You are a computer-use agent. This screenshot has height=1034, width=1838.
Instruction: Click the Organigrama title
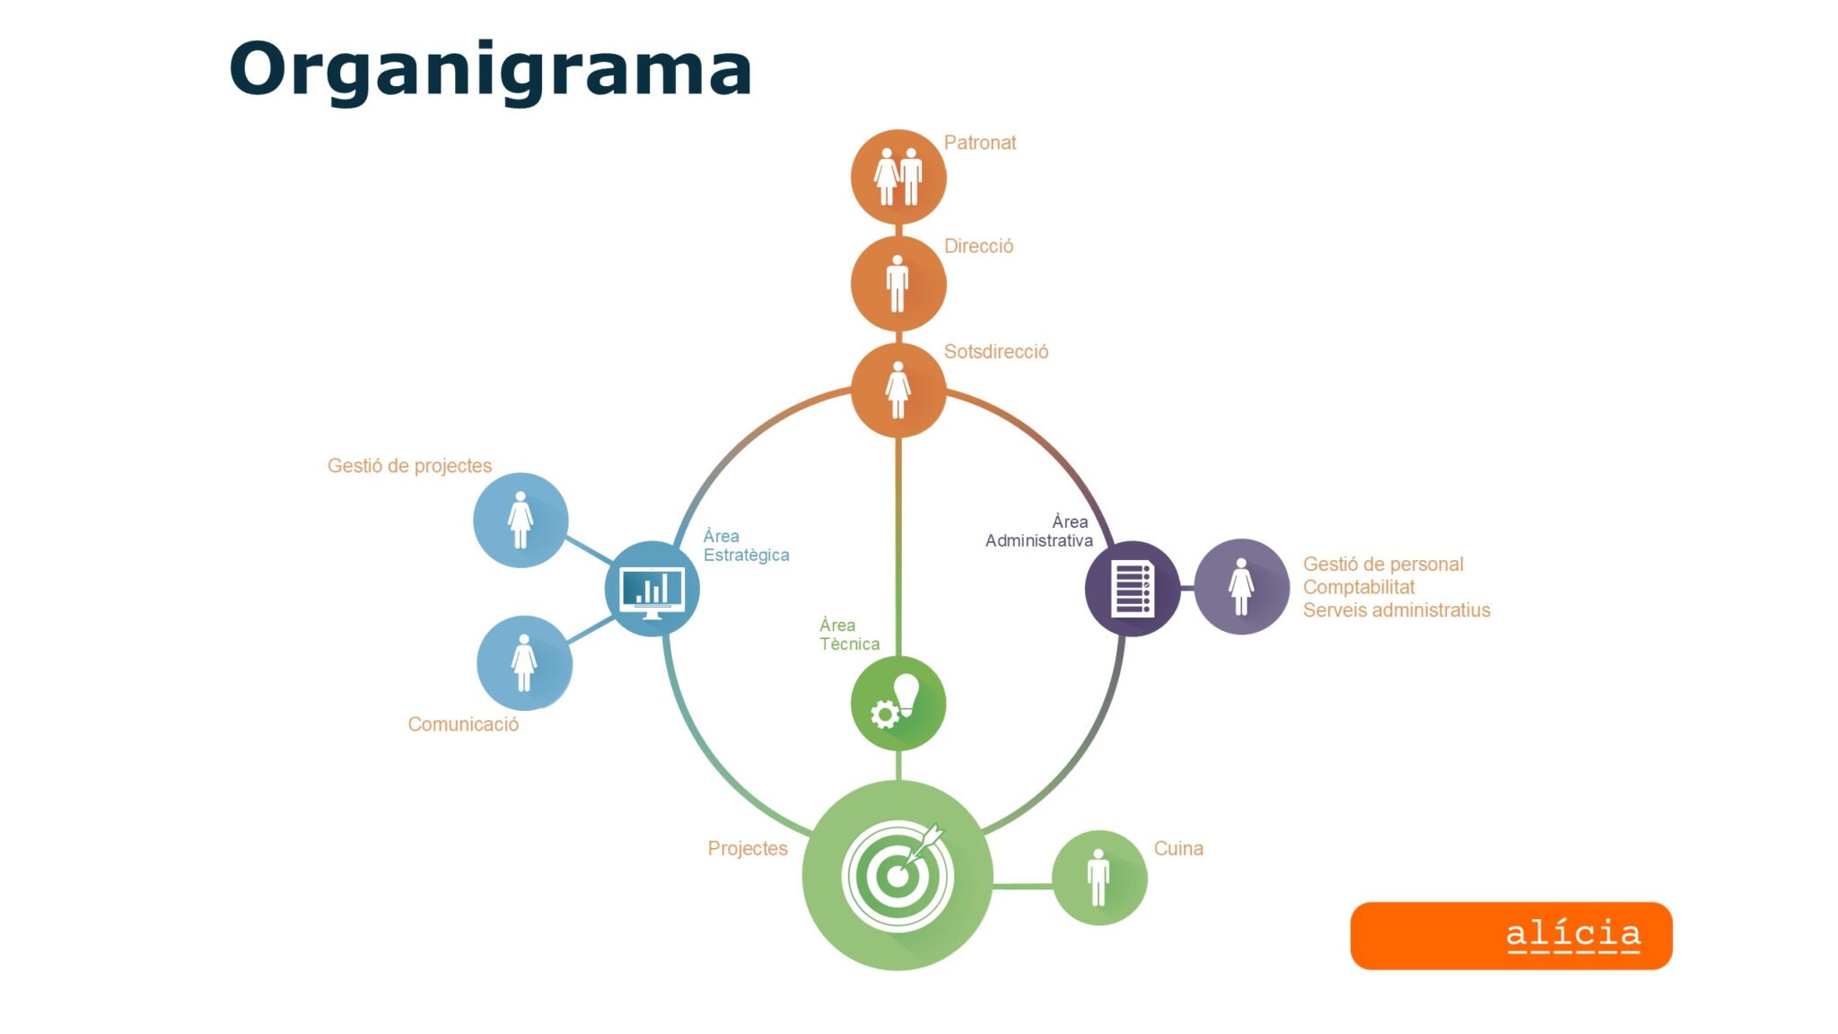[490, 71]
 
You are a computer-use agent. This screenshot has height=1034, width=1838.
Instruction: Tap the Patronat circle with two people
[898, 177]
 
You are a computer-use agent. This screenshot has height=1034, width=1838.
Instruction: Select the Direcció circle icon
[898, 284]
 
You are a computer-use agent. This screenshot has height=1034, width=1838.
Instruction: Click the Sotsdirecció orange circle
[898, 390]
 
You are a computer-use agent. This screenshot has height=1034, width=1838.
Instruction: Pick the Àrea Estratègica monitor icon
[652, 589]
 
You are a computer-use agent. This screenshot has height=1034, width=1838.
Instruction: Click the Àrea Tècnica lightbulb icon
[898, 703]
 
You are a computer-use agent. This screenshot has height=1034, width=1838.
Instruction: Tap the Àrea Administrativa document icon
[1133, 589]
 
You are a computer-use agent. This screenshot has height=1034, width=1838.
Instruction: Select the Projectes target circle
[897, 875]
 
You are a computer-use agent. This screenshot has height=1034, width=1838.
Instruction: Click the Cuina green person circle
[1099, 878]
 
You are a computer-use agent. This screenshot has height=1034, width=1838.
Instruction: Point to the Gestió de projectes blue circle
[521, 521]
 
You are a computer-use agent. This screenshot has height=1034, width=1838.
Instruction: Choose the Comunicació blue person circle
[524, 663]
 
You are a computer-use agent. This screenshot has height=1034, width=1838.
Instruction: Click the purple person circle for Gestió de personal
[1242, 587]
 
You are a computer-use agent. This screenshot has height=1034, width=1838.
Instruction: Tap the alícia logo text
[1573, 934]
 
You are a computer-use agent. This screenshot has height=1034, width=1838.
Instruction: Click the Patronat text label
[980, 143]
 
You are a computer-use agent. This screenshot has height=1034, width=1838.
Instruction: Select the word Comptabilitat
[1359, 587]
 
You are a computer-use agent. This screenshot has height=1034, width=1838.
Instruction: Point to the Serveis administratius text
[1396, 610]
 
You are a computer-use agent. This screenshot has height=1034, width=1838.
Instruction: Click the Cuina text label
[1178, 848]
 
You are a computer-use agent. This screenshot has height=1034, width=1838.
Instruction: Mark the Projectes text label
[748, 848]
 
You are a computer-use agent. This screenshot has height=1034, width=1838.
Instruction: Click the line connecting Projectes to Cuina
[1023, 886]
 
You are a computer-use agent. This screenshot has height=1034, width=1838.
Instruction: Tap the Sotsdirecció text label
[996, 352]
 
